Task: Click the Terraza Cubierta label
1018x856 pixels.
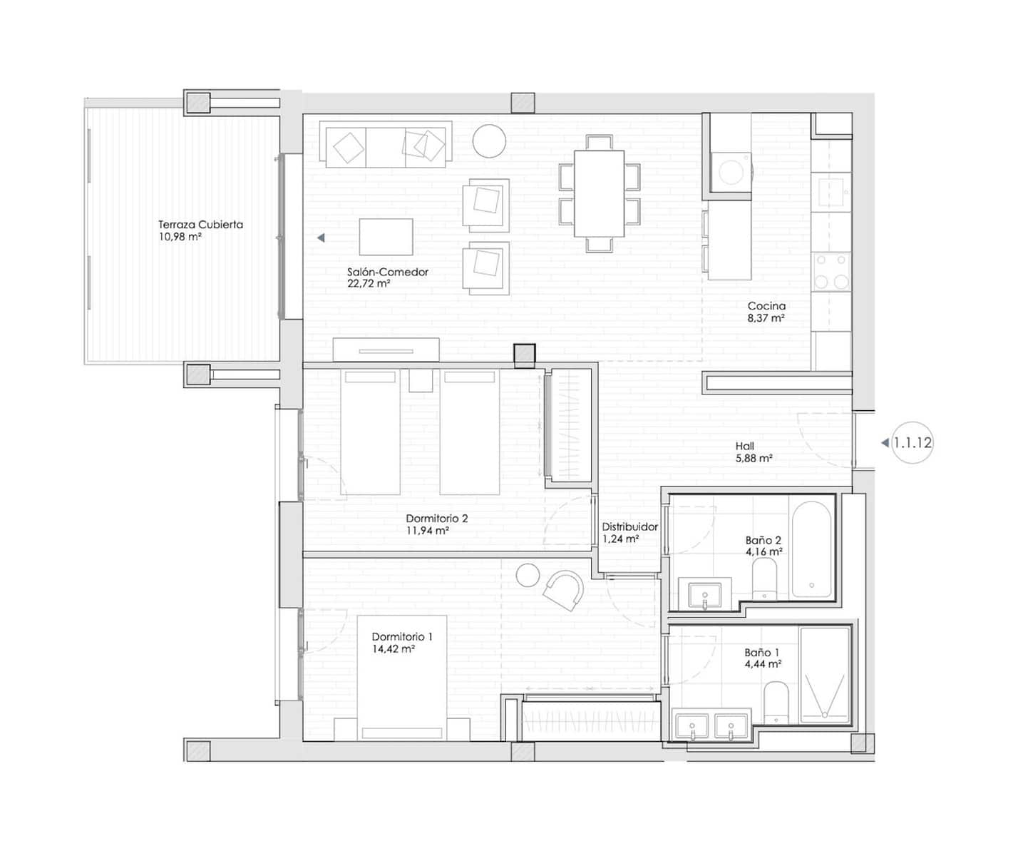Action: coord(200,224)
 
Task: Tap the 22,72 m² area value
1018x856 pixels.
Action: coord(368,284)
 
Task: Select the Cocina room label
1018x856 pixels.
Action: coord(766,306)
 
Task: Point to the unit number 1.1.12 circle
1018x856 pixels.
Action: coord(912,443)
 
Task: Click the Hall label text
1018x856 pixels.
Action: coord(744,447)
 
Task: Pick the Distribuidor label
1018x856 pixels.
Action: coord(629,527)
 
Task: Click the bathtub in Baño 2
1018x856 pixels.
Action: coord(811,549)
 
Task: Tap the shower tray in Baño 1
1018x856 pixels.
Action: coord(825,675)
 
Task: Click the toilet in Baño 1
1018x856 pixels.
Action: coord(775,702)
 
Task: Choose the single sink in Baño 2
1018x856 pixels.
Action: coord(705,594)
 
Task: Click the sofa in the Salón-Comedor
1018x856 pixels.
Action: coord(386,145)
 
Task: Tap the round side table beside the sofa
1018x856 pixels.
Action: coord(490,141)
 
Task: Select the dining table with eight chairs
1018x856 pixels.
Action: coord(599,193)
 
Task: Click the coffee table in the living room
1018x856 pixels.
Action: coord(386,237)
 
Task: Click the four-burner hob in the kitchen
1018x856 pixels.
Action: coord(832,272)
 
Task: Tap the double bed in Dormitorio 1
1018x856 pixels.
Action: coord(401,678)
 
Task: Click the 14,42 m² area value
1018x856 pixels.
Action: coord(393,650)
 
